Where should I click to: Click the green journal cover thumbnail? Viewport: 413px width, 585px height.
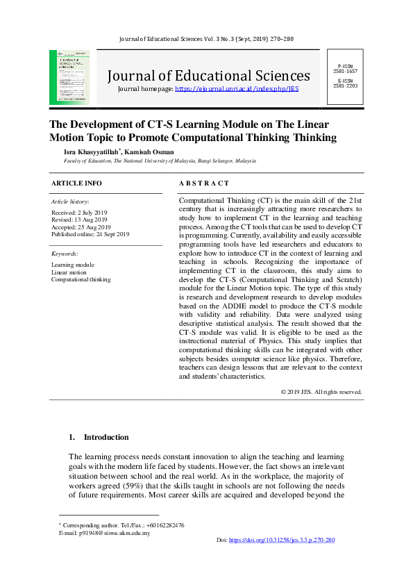69,77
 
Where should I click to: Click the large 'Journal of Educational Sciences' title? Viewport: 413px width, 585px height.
208,75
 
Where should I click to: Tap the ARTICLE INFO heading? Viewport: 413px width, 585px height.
76,183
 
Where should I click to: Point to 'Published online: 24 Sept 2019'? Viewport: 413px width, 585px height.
90,235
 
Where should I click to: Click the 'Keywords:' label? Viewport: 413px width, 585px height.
65,254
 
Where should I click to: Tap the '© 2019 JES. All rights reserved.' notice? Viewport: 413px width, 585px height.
321,392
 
